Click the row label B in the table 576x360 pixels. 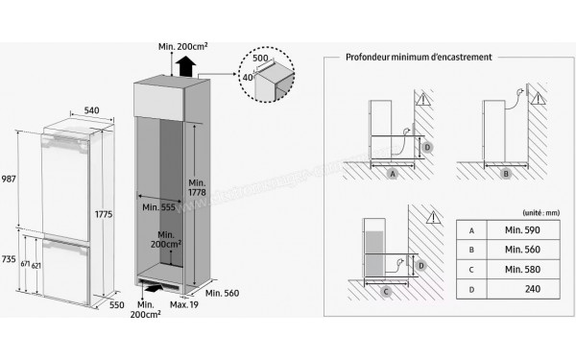tap(471, 251)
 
